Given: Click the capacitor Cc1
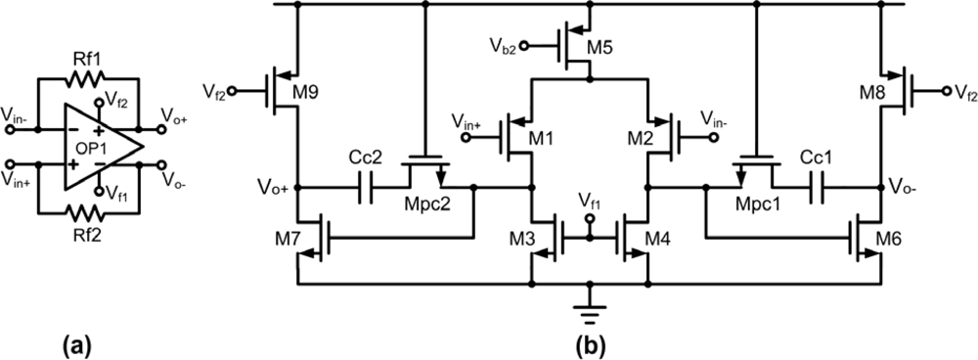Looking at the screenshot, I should [819, 186].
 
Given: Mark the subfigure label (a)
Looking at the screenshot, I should [77, 344].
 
